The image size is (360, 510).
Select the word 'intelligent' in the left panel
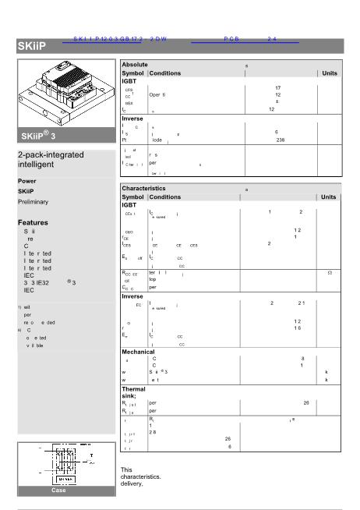coord(39,165)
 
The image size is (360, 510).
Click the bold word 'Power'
coord(27,181)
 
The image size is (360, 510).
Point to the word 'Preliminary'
coord(33,202)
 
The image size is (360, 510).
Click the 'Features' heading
coord(34,222)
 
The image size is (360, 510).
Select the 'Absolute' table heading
coord(136,64)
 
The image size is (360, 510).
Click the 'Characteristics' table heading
coord(144,189)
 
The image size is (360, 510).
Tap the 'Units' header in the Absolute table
coord(330,73)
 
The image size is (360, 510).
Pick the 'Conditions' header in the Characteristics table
coord(165,197)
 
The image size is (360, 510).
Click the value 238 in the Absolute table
coord(281,140)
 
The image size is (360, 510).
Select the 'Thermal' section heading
coord(134,388)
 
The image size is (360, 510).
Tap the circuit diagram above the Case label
coord(65,465)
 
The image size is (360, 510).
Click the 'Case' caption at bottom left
coord(59,491)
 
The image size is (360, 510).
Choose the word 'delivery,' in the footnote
coord(132,483)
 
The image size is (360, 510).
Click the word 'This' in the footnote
coord(126,469)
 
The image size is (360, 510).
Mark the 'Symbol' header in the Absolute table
coord(132,73)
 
